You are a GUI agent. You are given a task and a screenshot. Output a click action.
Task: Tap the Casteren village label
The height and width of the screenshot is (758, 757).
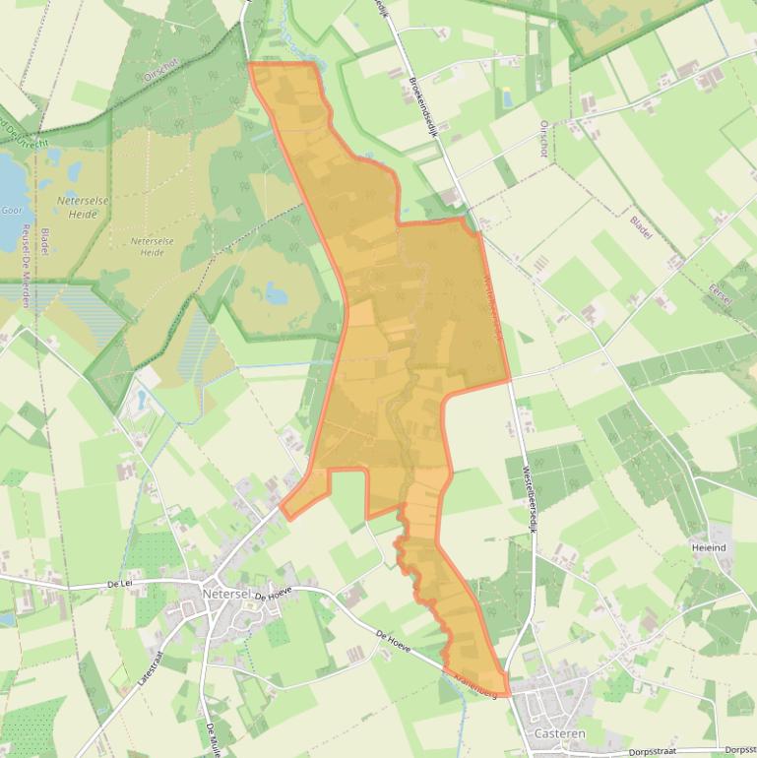point(558,733)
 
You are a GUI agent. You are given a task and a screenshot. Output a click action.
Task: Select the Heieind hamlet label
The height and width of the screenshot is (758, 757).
point(709,547)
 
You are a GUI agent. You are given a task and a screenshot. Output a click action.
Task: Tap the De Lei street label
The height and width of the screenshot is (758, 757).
point(119,584)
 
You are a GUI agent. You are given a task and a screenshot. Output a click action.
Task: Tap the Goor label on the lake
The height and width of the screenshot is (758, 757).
point(12,210)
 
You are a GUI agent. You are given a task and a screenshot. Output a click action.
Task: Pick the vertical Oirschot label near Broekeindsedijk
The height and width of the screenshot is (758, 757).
point(542,139)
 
